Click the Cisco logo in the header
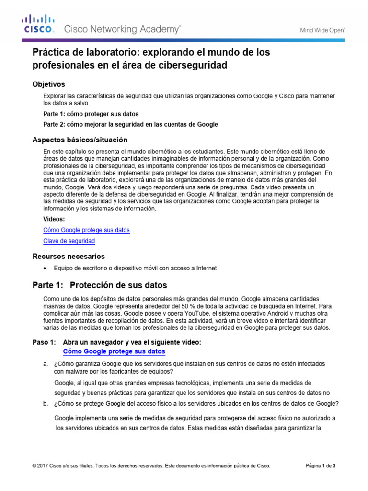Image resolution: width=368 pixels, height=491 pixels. tap(39, 24)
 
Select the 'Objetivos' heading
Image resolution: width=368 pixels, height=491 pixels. tap(48, 84)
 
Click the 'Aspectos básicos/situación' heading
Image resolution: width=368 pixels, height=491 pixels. tap(80, 140)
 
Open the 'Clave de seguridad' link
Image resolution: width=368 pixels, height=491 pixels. tap(69, 241)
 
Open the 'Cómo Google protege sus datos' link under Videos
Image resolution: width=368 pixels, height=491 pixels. tap(86, 230)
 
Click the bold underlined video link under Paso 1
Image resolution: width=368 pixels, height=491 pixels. tap(114, 351)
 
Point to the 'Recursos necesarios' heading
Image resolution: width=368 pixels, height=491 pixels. tap(68, 256)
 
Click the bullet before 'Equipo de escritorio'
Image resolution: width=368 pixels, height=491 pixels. tap(45, 268)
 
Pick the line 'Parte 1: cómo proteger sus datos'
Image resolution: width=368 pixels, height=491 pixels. tap(91, 114)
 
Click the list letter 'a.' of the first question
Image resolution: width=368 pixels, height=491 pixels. tap(46, 364)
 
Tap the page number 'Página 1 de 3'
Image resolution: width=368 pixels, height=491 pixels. tap(321, 465)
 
